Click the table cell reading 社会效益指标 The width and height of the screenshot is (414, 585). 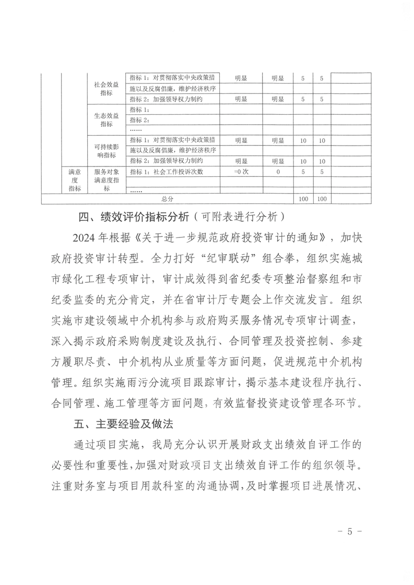click(x=106, y=88)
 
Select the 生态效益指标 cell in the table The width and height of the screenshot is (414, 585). click(x=106, y=120)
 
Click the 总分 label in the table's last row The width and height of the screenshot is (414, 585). click(x=167, y=199)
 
